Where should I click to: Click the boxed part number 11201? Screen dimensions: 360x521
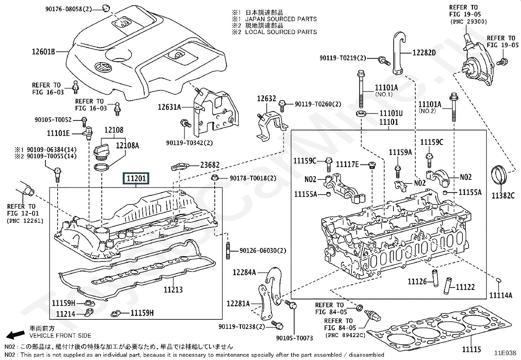point(136,179)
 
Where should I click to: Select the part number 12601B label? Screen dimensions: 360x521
point(43,52)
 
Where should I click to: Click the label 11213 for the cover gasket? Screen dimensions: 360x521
point(173,290)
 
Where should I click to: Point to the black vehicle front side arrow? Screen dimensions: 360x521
point(16,334)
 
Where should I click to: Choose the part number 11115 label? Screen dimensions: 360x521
point(472,350)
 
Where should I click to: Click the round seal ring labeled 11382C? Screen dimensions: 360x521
point(499,177)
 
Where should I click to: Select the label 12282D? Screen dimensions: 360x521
point(424,52)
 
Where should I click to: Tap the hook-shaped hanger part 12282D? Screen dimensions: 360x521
point(399,52)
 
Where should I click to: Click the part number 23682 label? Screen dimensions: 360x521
point(210,165)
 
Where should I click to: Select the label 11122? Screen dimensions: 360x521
point(465,287)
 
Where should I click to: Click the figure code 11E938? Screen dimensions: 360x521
point(505,353)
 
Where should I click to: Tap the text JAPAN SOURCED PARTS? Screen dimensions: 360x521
point(281,19)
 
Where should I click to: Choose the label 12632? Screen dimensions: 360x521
point(266,98)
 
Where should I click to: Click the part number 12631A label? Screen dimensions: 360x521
point(170,107)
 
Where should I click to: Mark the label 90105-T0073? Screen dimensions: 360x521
point(295,338)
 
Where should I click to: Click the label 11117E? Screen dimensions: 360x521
point(347,164)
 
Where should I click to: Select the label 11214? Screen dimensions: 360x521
point(65,314)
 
